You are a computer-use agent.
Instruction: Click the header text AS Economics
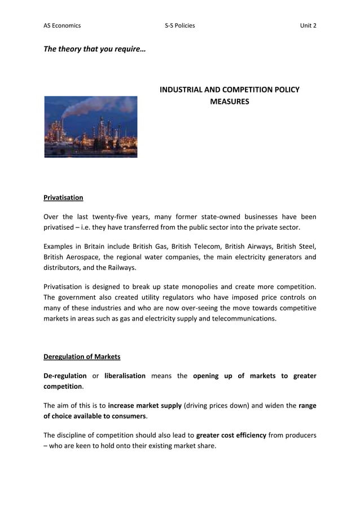[x=62, y=25]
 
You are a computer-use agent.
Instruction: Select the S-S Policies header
[x=179, y=25]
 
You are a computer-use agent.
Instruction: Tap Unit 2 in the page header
[x=308, y=25]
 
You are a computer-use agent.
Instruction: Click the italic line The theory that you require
[x=94, y=49]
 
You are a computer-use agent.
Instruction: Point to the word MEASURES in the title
[x=229, y=102]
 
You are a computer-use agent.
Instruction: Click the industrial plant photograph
[x=91, y=126]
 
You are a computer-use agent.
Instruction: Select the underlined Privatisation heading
[x=63, y=198]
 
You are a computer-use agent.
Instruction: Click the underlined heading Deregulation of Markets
[x=82, y=357]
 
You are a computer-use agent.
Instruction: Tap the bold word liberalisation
[x=125, y=376]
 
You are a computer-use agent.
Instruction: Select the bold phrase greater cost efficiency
[x=231, y=435]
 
